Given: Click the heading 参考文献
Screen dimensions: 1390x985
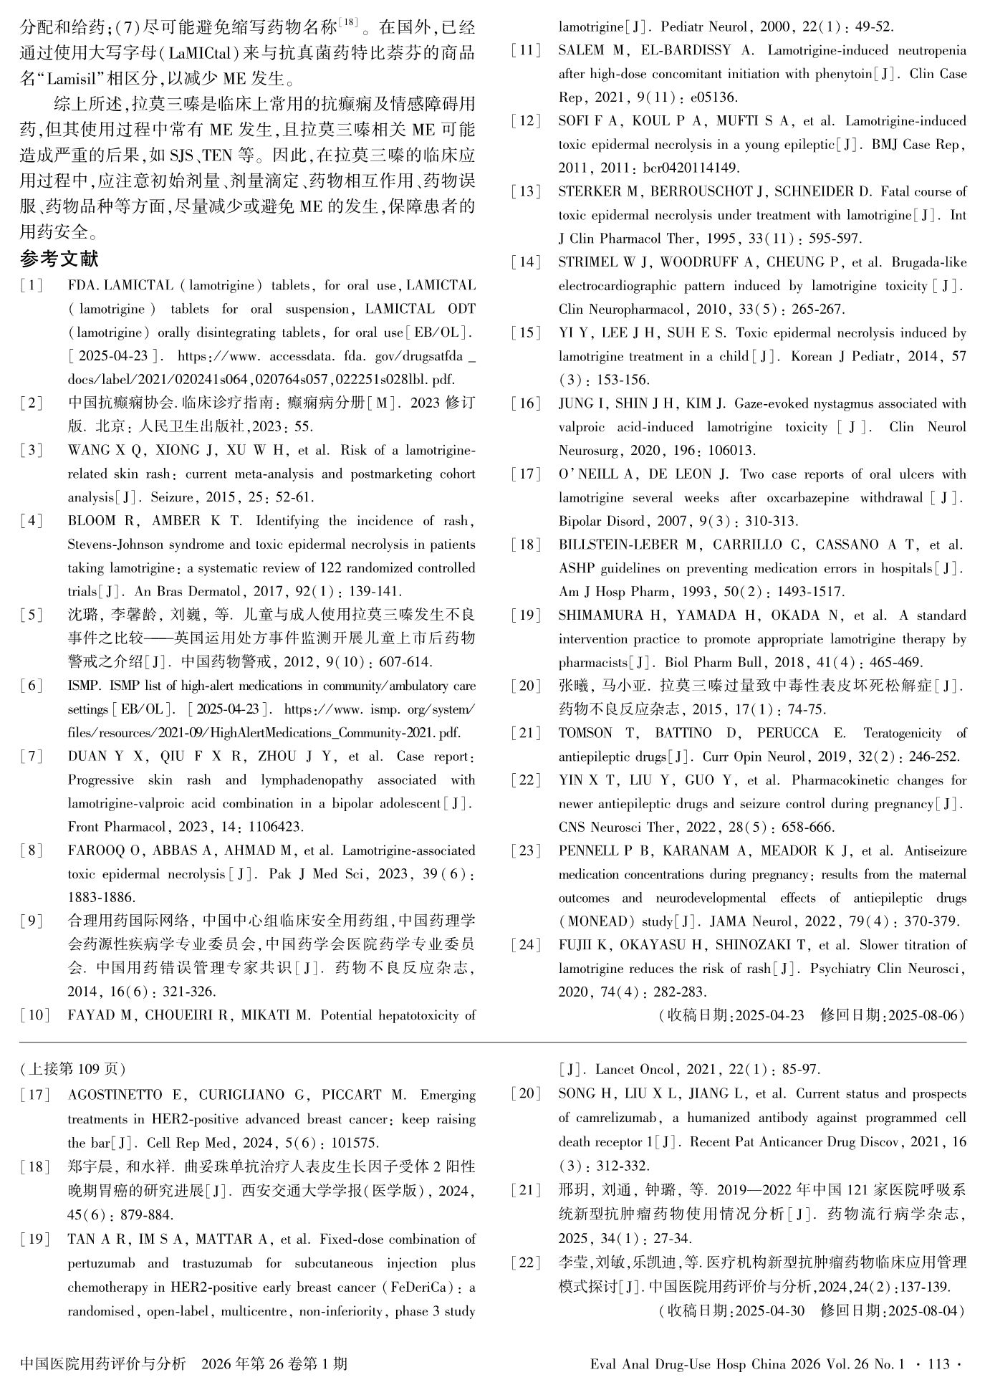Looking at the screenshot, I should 59,259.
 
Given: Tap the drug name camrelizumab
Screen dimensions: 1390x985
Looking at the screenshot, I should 612,1118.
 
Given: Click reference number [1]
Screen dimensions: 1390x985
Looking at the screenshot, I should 32,286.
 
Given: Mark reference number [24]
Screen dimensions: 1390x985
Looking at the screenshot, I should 527,945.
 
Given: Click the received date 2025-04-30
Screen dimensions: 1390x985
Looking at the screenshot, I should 769,1311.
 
